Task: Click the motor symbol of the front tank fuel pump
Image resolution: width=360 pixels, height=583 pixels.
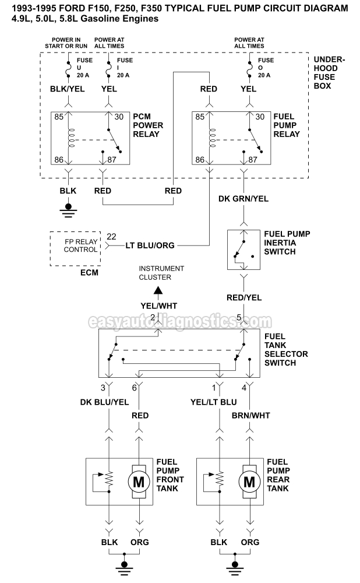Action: click(x=139, y=482)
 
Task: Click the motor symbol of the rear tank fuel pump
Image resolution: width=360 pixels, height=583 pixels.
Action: click(x=249, y=482)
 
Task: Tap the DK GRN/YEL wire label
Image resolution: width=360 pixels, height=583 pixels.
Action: click(x=243, y=199)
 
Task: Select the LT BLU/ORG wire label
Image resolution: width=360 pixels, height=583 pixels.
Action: click(x=150, y=245)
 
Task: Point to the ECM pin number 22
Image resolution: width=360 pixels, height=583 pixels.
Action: click(x=111, y=237)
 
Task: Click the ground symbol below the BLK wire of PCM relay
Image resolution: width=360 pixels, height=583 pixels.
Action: click(x=69, y=208)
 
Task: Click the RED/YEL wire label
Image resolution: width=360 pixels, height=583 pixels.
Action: click(x=243, y=297)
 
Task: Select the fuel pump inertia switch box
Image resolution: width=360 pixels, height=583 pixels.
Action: click(x=243, y=248)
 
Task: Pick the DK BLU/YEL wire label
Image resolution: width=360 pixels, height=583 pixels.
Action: click(x=104, y=402)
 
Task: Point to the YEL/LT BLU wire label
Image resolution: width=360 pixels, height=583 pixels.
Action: click(x=214, y=402)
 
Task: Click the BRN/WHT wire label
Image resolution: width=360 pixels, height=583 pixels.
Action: click(x=250, y=415)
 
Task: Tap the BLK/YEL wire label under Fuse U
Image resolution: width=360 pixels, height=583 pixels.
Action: click(x=69, y=89)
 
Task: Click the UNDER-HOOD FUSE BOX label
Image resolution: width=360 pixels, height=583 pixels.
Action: click(x=329, y=73)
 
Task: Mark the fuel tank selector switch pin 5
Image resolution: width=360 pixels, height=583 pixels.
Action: click(x=239, y=317)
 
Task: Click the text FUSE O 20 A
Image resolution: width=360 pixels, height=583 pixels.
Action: click(x=266, y=68)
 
